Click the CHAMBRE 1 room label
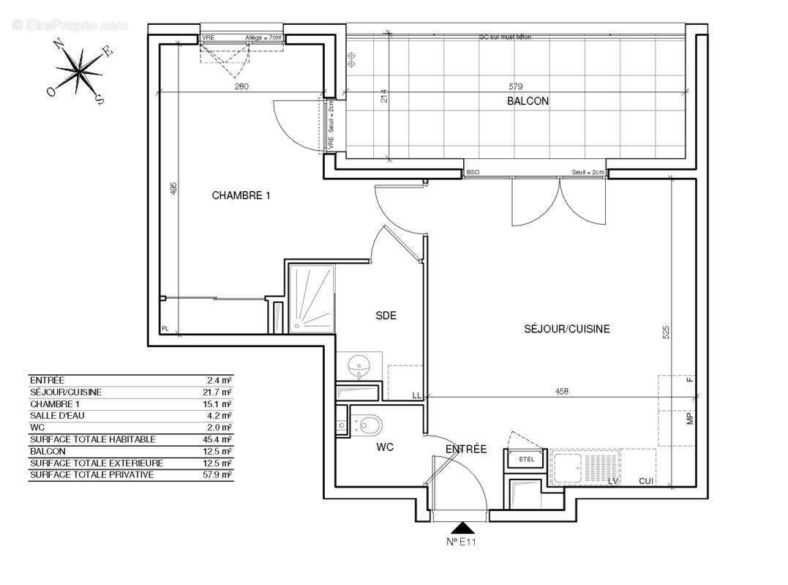pos(241,195)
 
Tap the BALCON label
pos(528,102)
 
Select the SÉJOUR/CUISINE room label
pos(567,329)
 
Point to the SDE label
pos(386,316)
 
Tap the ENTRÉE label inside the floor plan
pos(466,449)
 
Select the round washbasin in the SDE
pos(359,364)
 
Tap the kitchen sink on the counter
pos(567,466)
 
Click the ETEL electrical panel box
pos(525,460)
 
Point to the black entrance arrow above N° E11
pos(462,528)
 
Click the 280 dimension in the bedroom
pos(242,86)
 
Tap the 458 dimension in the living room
pos(561,392)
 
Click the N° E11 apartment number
pos(462,542)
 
